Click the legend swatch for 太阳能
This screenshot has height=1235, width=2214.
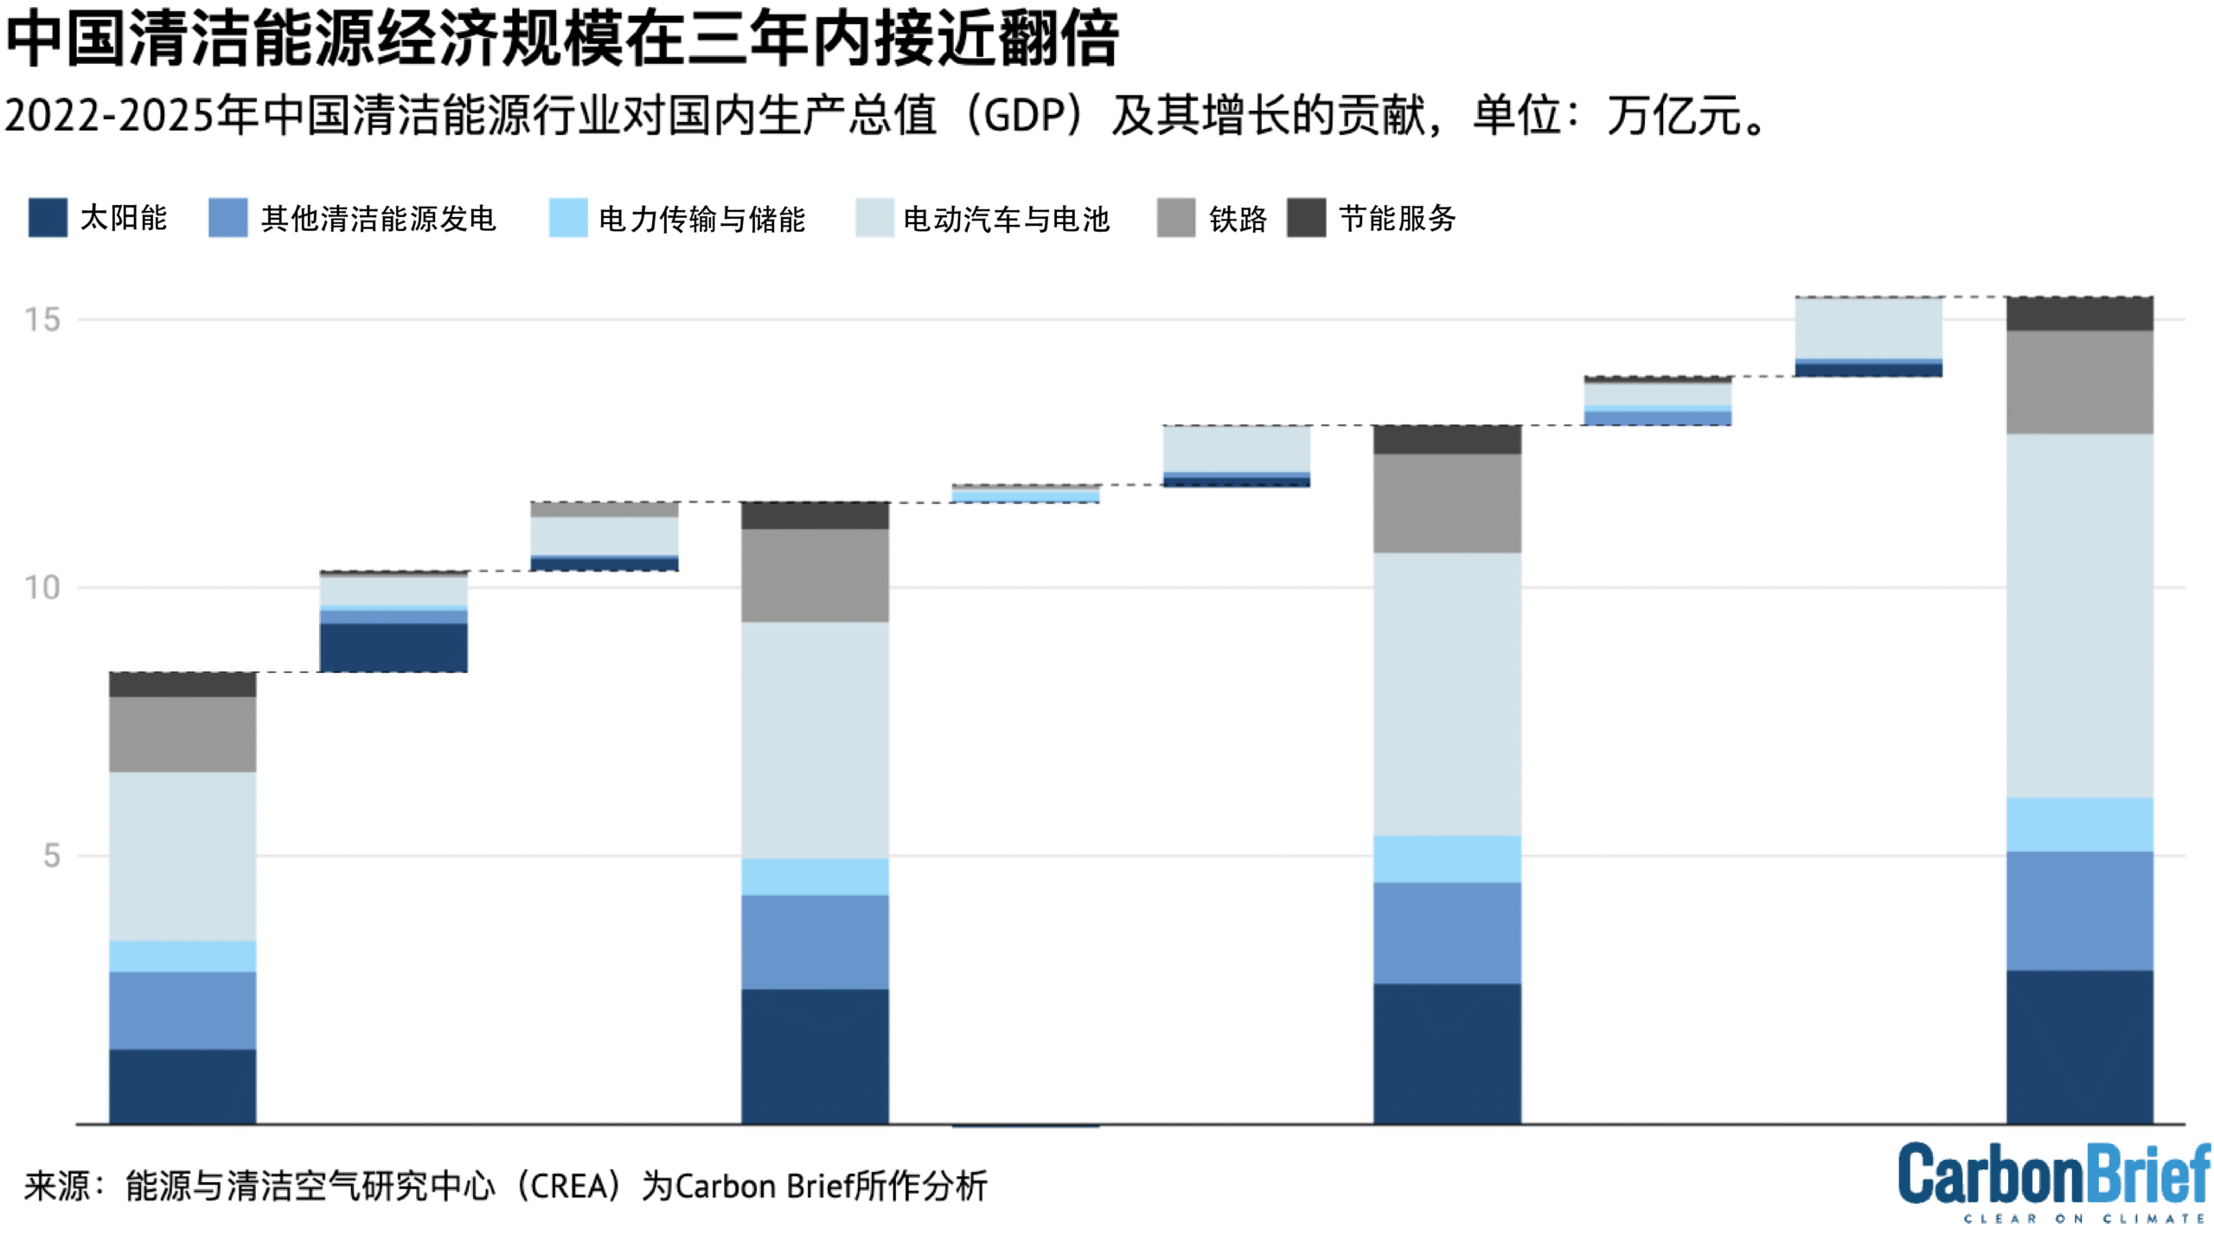pyautogui.click(x=48, y=218)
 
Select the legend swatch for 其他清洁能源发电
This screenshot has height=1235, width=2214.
pyautogui.click(x=228, y=218)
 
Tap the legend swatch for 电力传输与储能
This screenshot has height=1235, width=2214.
pyautogui.click(x=568, y=218)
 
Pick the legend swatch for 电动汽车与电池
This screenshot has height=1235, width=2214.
pyautogui.click(x=874, y=218)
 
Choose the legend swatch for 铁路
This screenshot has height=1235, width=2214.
pyautogui.click(x=1176, y=218)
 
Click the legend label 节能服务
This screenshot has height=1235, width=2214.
pyautogui.click(x=1398, y=218)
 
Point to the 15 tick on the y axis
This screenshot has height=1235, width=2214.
pyautogui.click(x=42, y=320)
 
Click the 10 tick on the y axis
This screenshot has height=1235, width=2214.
pyautogui.click(x=42, y=588)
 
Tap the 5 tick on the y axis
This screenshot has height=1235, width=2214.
pyautogui.click(x=52, y=856)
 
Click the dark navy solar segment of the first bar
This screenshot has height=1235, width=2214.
pyautogui.click(x=182, y=1086)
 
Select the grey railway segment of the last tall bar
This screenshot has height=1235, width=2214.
pyautogui.click(x=2079, y=382)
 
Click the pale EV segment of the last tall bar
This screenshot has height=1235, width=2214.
pyautogui.click(x=2079, y=616)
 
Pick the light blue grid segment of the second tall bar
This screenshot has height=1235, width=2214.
pyautogui.click(x=815, y=877)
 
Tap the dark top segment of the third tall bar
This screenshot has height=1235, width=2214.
pyautogui.click(x=1447, y=439)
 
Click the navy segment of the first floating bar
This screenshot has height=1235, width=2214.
pyautogui.click(x=394, y=647)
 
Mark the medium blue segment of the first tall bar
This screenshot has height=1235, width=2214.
pyautogui.click(x=182, y=1010)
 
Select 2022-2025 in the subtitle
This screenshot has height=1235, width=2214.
pyautogui.click(x=109, y=115)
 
